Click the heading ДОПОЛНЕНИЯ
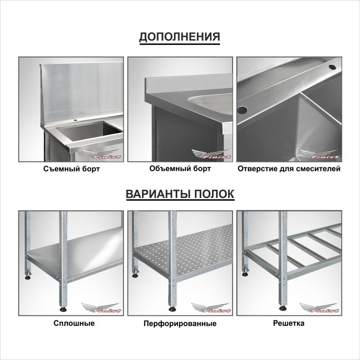click(x=180, y=37)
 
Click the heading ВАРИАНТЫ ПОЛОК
click(x=180, y=194)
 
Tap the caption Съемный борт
click(x=72, y=169)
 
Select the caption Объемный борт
click(x=180, y=169)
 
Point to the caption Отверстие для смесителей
click(x=289, y=169)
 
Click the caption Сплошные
click(x=74, y=323)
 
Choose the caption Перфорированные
click(x=180, y=324)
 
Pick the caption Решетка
click(x=288, y=323)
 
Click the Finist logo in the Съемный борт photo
click(x=101, y=154)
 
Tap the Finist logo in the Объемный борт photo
click(x=211, y=154)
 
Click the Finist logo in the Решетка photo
click(x=319, y=308)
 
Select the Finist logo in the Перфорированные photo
click(x=211, y=308)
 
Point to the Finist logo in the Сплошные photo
click(x=101, y=308)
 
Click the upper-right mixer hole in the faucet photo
click(x=332, y=67)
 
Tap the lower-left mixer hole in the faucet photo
click(x=242, y=110)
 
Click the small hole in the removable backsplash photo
click(x=75, y=120)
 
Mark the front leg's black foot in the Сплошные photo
click(x=63, y=310)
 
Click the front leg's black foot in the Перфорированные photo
click(x=172, y=310)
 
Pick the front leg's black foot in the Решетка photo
click(x=283, y=308)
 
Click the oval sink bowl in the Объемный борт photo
click(x=210, y=104)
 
